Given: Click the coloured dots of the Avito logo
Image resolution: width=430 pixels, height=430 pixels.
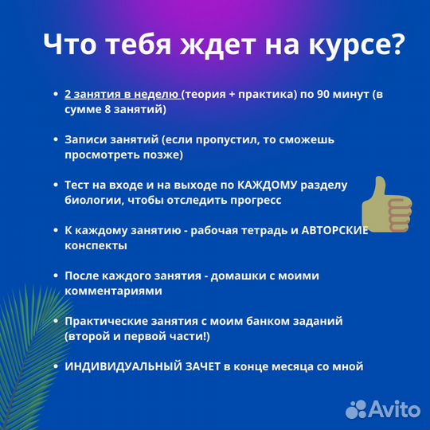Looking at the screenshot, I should tap(359, 408).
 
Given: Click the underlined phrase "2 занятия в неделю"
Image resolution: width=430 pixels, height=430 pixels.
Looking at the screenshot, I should tap(122, 94).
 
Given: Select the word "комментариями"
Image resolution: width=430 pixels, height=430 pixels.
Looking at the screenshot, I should tap(113, 291).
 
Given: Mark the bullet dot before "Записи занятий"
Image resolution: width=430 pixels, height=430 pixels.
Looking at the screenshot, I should tap(54, 139).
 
